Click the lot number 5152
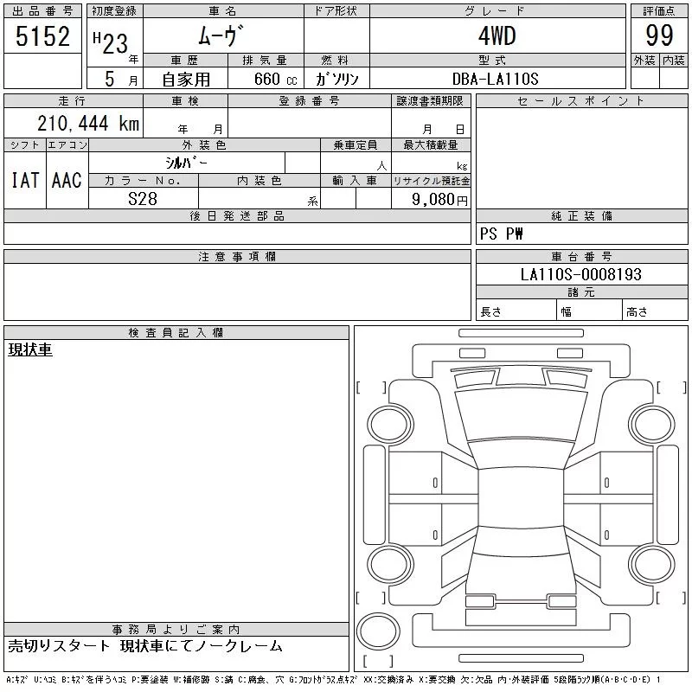click(42, 36)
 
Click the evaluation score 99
click(659, 35)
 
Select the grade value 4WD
click(497, 35)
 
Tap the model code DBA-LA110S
click(495, 79)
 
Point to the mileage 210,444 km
click(88, 123)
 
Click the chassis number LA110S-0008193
click(580, 274)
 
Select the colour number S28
click(143, 199)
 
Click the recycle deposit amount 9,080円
click(439, 200)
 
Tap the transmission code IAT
click(25, 180)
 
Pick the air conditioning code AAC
click(67, 180)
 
